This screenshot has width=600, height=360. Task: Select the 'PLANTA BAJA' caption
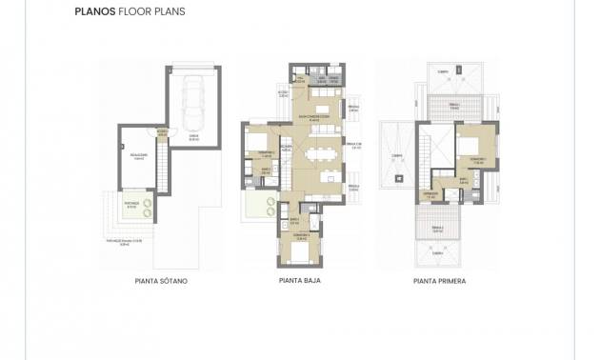tap(299, 282)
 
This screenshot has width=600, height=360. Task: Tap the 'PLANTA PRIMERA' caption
tap(440, 282)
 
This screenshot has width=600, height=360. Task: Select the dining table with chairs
tap(320, 151)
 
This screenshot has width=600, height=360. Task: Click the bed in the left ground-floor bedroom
tap(257, 142)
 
